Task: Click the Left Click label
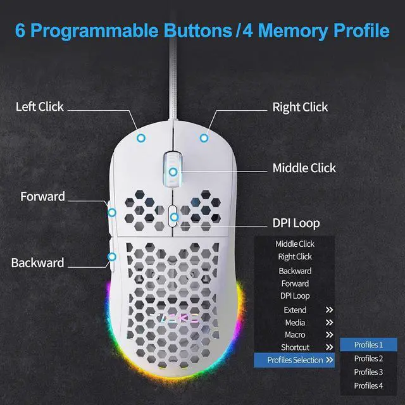pos(40,106)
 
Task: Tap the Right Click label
pos(300,107)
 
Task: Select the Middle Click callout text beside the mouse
pos(304,168)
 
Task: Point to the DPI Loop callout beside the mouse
pos(296,223)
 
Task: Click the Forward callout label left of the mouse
pos(42,196)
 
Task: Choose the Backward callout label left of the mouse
pos(37,262)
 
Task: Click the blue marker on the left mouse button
pos(142,137)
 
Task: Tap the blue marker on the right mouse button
pos(204,137)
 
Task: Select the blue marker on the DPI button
pos(173,217)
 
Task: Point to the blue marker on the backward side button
pos(112,256)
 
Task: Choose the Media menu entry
pos(295,322)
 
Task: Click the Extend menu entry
pos(295,309)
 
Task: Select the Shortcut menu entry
pos(295,347)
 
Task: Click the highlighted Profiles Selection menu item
pos(296,360)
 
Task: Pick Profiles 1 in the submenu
pos(368,345)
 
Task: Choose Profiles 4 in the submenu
pos(368,385)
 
